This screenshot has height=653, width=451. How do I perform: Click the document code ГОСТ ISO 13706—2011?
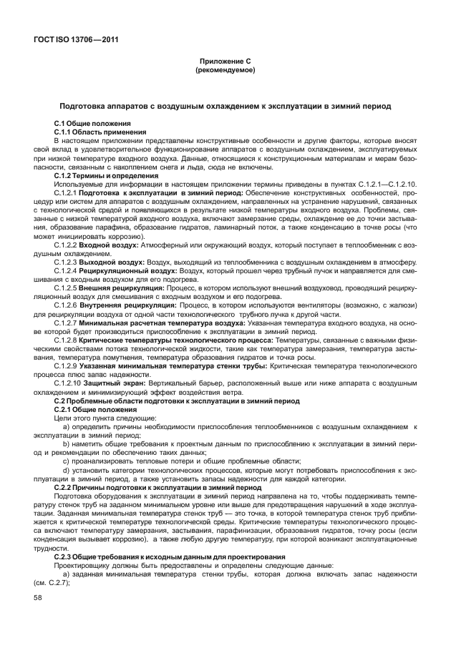(74, 40)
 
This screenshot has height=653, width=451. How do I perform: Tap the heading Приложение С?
(225, 63)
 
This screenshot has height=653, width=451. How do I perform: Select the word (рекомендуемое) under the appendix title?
(225, 72)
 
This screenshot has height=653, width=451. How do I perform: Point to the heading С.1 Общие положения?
(89, 124)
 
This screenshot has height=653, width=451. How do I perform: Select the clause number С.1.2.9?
(66, 365)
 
